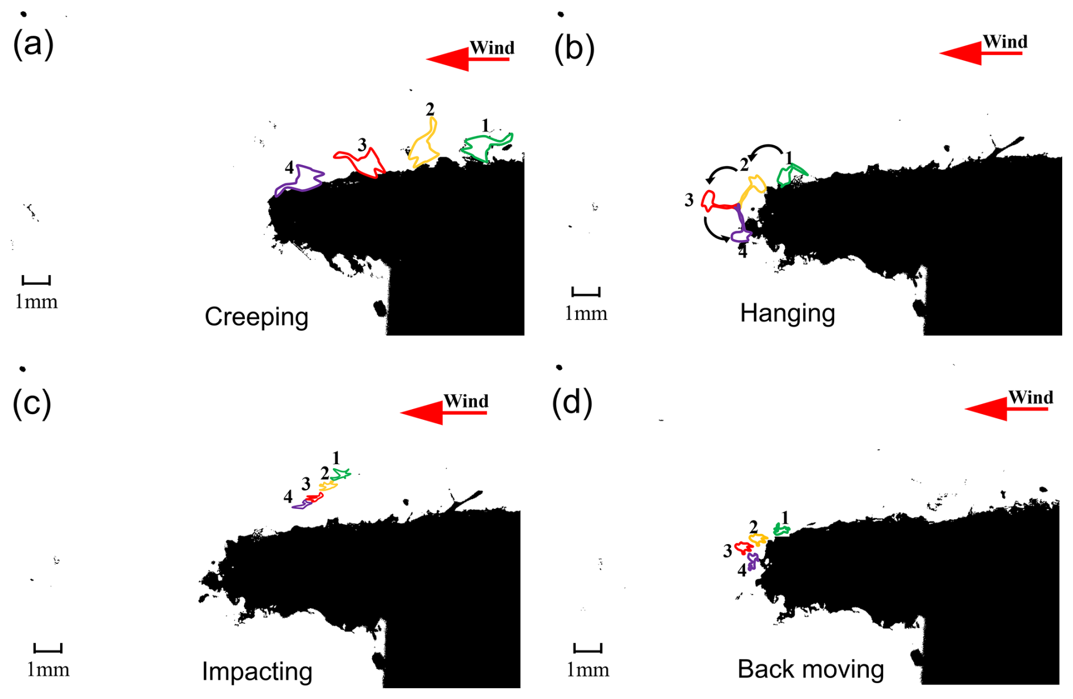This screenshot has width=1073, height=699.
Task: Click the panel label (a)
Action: (x=33, y=44)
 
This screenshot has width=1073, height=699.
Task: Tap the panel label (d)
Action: (x=572, y=402)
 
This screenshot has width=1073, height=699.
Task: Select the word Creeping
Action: (x=256, y=317)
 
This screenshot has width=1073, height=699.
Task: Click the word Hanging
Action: (x=787, y=313)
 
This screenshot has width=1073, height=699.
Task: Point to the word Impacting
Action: (x=257, y=671)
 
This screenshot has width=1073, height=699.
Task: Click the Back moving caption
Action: (x=810, y=669)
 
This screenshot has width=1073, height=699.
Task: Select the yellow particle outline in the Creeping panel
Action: (x=425, y=146)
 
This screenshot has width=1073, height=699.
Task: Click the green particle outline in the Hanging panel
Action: (x=791, y=174)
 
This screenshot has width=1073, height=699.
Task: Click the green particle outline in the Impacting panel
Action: (x=341, y=474)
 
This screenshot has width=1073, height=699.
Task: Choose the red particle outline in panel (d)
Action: (x=744, y=548)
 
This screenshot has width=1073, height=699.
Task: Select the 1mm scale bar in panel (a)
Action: (x=36, y=280)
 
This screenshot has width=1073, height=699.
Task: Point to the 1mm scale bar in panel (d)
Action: (x=588, y=648)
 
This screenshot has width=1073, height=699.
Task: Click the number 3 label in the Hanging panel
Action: (x=688, y=200)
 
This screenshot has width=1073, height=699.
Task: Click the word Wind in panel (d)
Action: (x=1030, y=397)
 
